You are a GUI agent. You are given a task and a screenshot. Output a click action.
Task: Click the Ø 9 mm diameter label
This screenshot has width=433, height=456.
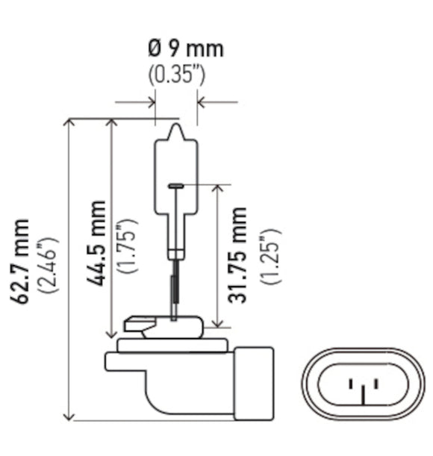point(184,50)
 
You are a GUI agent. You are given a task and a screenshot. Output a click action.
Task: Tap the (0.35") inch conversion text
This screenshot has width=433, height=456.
point(177,75)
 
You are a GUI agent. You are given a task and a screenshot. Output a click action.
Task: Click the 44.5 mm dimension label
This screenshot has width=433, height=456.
point(96,243)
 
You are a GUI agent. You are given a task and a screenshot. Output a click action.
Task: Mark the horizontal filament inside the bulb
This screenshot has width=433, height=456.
point(176,185)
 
